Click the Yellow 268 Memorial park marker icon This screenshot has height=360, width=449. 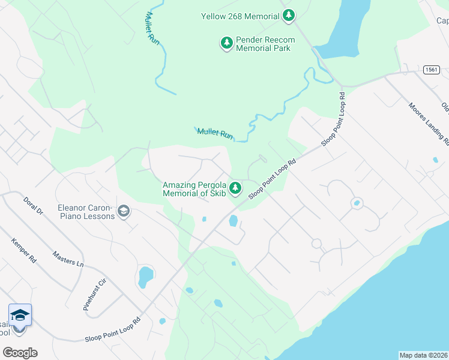point(289,16)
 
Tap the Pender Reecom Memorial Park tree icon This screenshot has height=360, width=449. point(227,43)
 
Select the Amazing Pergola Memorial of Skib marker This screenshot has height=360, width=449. point(236,188)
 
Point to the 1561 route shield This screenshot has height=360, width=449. point(429,70)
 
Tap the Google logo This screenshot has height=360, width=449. point(20,353)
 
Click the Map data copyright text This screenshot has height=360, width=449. point(423,355)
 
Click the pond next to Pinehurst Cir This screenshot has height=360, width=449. point(145,277)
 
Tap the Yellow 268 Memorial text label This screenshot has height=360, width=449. point(240,16)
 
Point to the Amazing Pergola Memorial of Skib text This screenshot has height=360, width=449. point(194,189)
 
